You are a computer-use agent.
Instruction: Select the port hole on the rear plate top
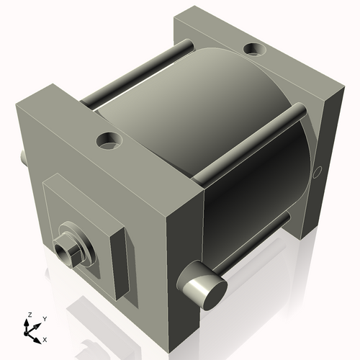[253, 50]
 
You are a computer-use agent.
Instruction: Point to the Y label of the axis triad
[44, 318]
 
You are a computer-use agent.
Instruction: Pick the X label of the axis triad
[45, 338]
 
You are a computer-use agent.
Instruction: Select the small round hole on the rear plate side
[318, 171]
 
